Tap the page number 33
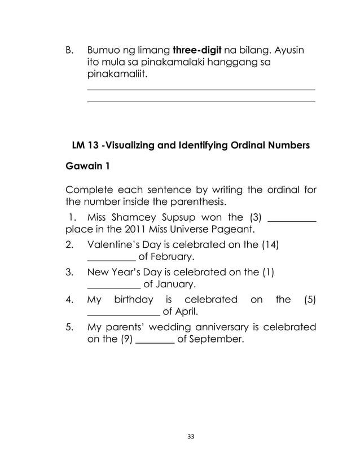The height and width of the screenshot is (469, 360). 180,436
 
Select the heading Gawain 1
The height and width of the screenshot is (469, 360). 89,168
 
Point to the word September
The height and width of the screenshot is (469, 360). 212,340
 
